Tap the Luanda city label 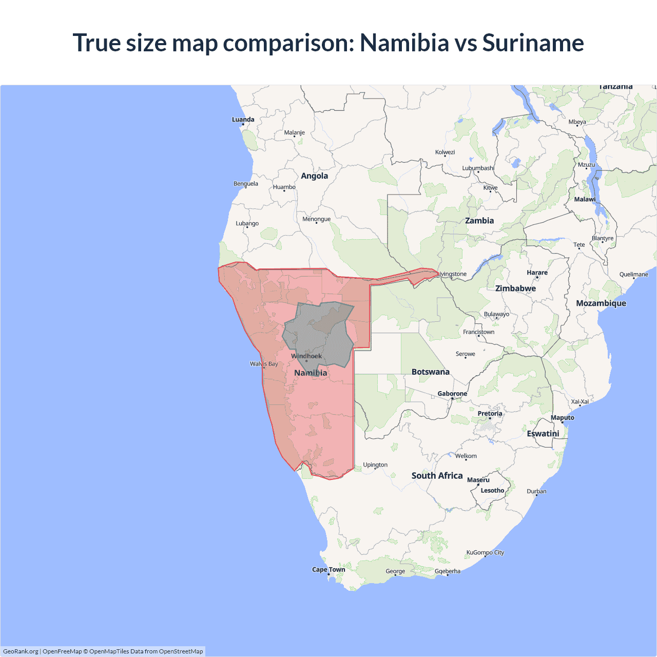click(243, 120)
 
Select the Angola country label click(314, 176)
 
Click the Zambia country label click(479, 221)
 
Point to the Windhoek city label click(306, 356)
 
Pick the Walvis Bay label click(264, 364)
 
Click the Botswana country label click(430, 372)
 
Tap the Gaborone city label click(452, 394)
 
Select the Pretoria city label click(490, 414)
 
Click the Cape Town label click(328, 570)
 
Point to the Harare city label click(537, 273)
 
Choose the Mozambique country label click(601, 303)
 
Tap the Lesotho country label click(492, 491)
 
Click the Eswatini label click(543, 434)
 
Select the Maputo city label click(562, 418)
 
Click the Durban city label click(536, 491)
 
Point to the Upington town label click(375, 465)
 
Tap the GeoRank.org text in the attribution click(21, 651)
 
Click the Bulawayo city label click(496, 314)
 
